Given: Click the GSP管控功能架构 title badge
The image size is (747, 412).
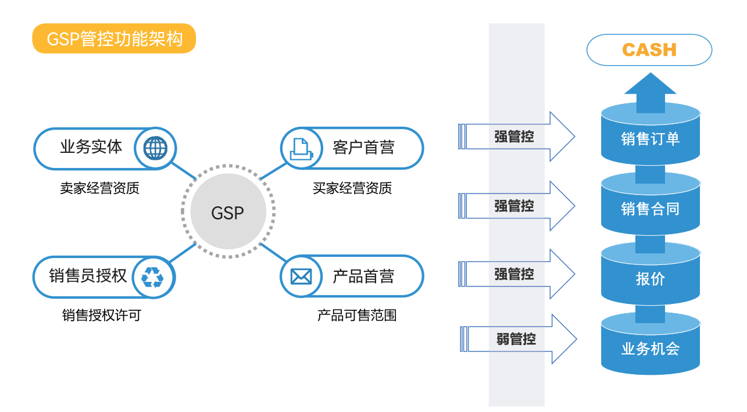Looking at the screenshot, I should tap(114, 38).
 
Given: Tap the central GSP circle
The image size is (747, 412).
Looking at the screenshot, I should tap(228, 213).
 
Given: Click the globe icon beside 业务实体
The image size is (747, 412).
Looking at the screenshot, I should tap(155, 148).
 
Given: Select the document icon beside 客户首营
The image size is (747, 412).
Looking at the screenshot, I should tap(301, 148).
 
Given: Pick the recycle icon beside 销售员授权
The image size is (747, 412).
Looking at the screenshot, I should tap(153, 277).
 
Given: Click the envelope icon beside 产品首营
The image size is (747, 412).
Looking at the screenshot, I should tap(301, 277).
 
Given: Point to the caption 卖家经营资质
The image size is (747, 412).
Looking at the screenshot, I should tap(99, 188).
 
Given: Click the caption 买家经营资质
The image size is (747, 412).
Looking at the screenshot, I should tap(352, 188).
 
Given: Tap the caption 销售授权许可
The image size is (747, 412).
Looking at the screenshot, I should tap(102, 316).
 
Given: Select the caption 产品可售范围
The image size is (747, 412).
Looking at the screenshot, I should tap(357, 316).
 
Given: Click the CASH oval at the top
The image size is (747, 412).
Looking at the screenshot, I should tap(649, 50).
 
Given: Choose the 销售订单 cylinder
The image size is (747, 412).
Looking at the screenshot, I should tap(651, 138).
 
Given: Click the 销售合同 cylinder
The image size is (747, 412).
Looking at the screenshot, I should tap(651, 209).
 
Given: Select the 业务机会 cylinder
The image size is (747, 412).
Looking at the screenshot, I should tap(651, 349).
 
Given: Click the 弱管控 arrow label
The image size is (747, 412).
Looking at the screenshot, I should tap(516, 339).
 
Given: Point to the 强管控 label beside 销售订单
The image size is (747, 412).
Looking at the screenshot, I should tap(514, 137).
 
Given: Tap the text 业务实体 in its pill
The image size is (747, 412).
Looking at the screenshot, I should tap(91, 147).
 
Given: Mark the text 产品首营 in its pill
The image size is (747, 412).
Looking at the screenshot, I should tap(363, 277).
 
